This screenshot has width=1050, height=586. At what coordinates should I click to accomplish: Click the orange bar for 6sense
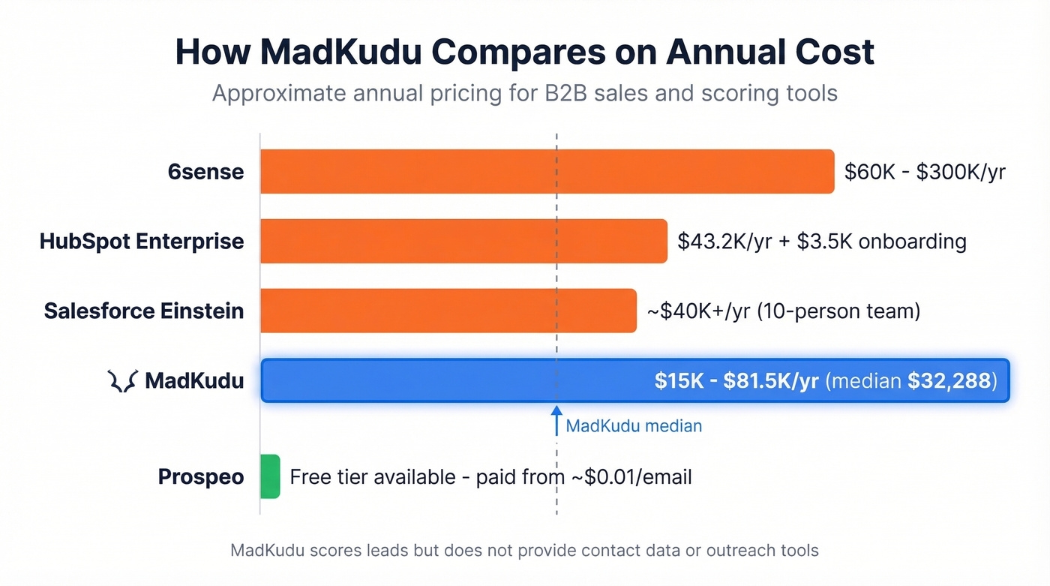[x=547, y=172]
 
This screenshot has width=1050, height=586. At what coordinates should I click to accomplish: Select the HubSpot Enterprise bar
[x=463, y=242]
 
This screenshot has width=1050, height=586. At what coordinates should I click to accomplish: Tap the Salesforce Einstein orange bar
[x=448, y=311]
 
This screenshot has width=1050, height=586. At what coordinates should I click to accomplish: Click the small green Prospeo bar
[x=270, y=476]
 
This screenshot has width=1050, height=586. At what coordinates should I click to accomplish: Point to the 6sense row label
[x=205, y=172]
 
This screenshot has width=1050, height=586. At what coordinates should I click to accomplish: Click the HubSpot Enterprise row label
[x=142, y=242]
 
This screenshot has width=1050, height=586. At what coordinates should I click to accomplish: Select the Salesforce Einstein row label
[x=144, y=311]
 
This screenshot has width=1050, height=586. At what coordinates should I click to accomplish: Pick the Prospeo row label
[x=201, y=476]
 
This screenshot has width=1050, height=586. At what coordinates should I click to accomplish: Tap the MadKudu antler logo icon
[x=121, y=381]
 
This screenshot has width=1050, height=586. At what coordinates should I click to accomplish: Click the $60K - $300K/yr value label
[x=924, y=172]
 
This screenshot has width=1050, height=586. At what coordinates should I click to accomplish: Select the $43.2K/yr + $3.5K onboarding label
[x=821, y=242]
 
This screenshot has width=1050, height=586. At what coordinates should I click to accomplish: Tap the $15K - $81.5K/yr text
[x=736, y=381]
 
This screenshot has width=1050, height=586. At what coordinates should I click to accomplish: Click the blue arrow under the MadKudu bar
[x=556, y=420]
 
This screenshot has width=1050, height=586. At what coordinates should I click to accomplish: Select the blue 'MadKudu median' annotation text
[x=634, y=426]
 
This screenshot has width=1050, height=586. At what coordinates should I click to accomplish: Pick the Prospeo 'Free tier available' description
[x=490, y=476]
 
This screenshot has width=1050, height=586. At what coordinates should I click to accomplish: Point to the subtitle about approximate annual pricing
[x=524, y=94]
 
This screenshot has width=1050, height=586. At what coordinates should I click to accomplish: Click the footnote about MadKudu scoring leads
[x=524, y=551]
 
